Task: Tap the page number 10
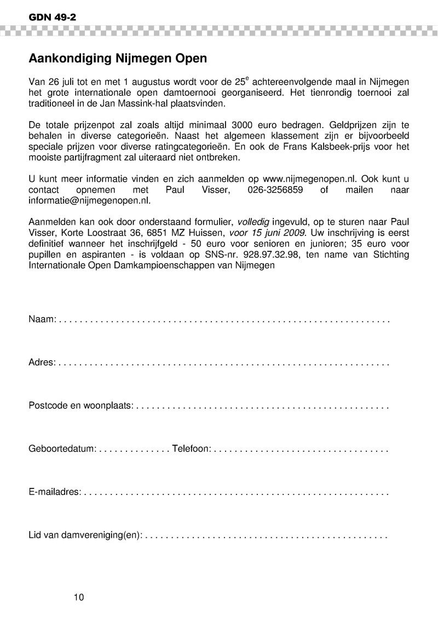click(79, 597)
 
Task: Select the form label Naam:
click(42, 318)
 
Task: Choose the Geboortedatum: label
click(62, 449)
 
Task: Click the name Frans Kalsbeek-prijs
click(317, 146)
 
